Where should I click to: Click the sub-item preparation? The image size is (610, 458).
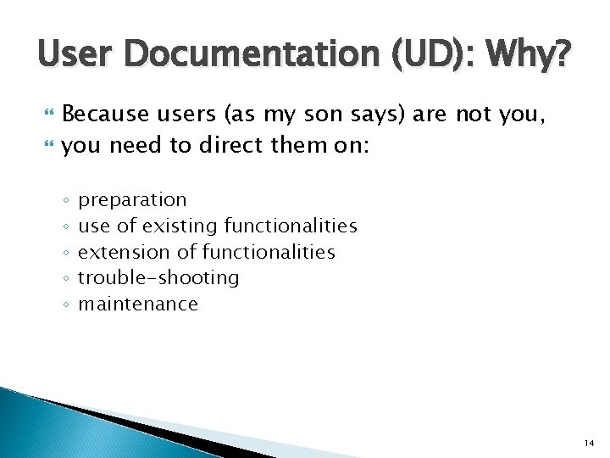click(x=132, y=201)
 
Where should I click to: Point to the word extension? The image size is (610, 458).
click(x=119, y=252)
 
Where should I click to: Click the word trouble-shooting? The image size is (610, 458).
click(x=158, y=278)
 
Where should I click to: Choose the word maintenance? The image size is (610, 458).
click(x=138, y=304)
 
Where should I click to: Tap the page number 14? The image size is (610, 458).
click(x=588, y=444)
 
